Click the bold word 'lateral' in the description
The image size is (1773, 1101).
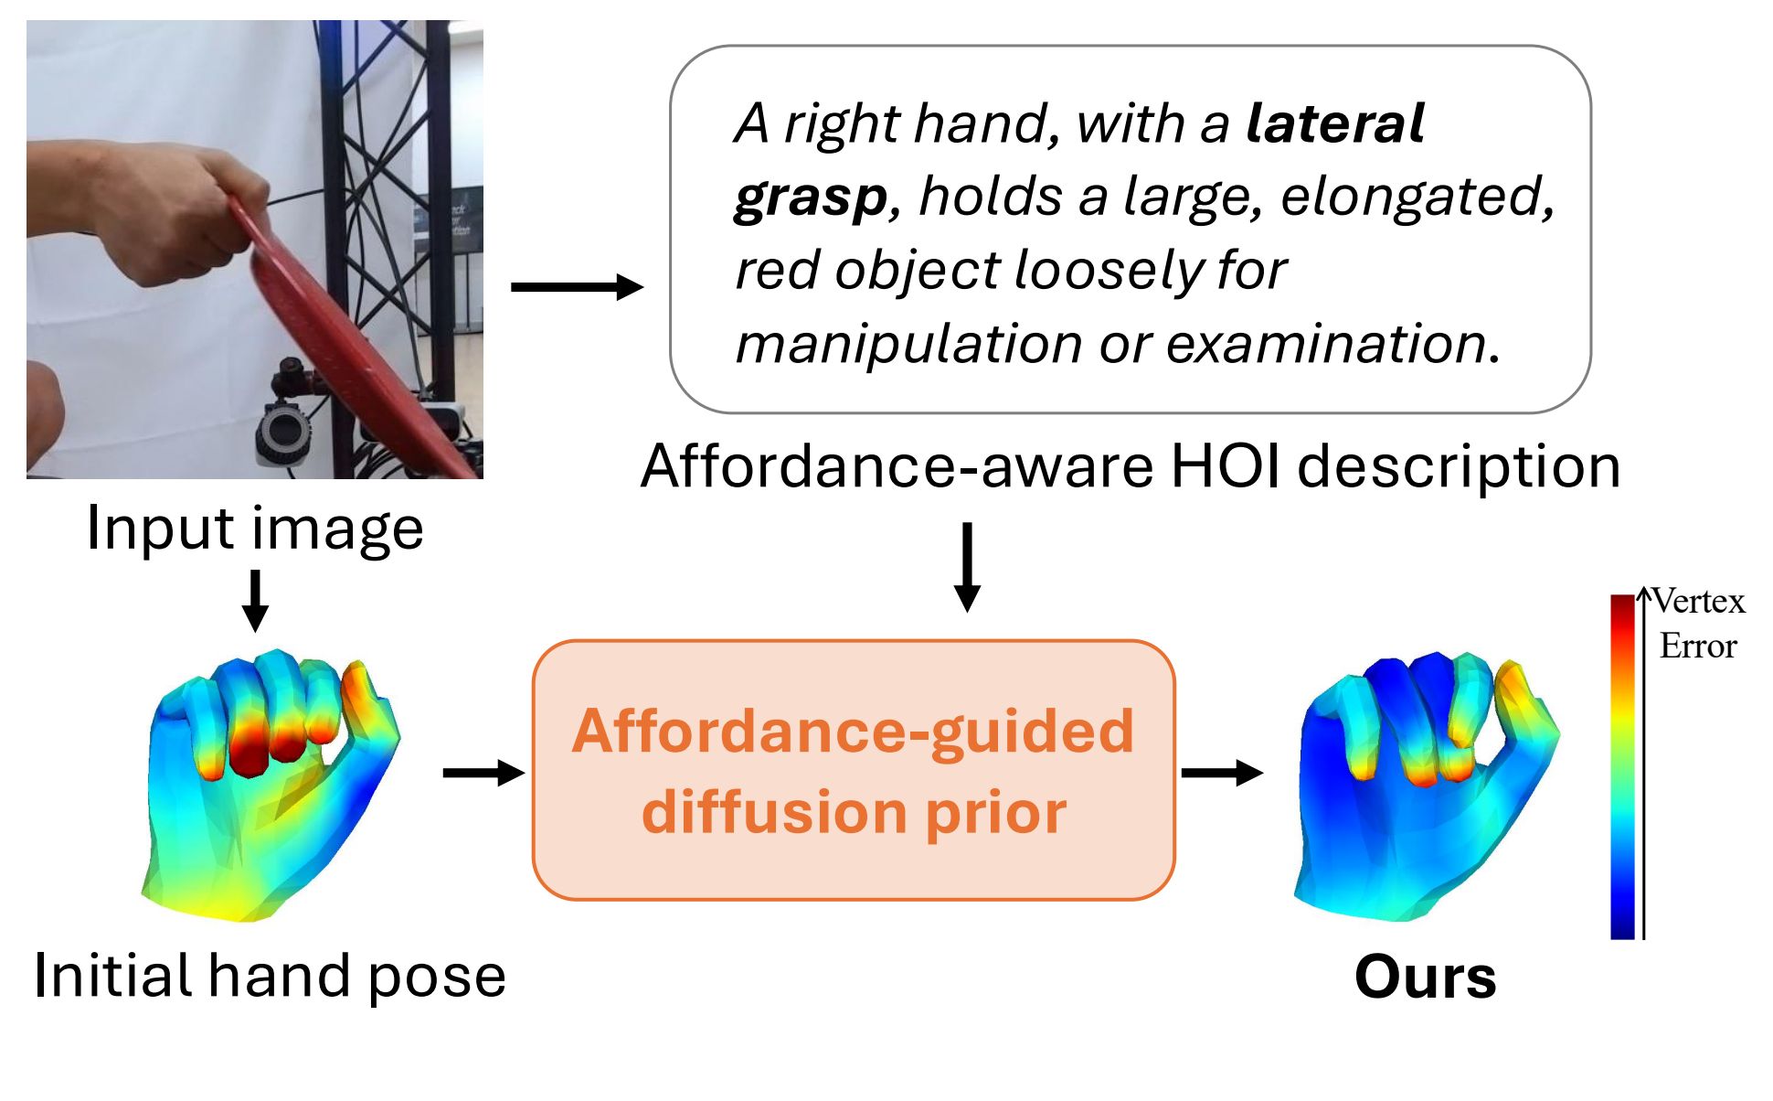(1334, 124)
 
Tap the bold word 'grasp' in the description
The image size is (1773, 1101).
(810, 198)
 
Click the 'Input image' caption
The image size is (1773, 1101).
(255, 529)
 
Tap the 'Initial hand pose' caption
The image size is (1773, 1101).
(270, 975)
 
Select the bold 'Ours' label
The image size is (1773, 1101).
(1425, 977)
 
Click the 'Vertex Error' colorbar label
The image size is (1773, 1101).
(1698, 624)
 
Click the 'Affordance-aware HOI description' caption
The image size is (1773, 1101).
(1131, 466)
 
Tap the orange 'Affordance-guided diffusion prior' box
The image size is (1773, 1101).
(854, 770)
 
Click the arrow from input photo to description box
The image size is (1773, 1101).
(577, 287)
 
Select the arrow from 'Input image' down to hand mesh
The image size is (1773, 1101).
(256, 600)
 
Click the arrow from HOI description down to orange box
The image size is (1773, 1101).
(967, 567)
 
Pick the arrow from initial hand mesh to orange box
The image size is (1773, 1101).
(483, 773)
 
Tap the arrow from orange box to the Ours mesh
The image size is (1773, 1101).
(1222, 773)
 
